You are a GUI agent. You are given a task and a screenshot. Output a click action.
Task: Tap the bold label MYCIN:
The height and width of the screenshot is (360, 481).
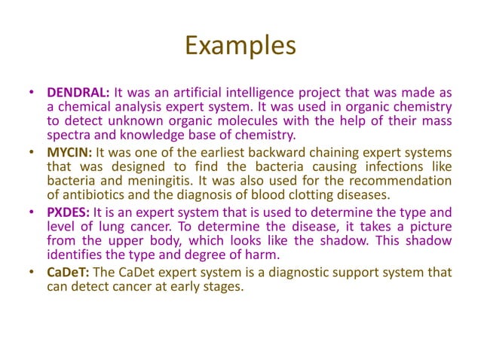coord(70,152)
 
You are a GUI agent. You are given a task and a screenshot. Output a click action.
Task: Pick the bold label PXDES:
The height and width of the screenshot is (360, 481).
coord(69,212)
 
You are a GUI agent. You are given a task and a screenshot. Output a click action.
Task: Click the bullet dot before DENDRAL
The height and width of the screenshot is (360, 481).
coord(32,93)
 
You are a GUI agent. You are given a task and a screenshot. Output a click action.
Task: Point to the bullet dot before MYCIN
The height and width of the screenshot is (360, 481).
coord(32,152)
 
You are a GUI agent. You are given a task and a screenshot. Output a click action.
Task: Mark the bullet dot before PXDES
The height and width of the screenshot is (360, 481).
coord(32,212)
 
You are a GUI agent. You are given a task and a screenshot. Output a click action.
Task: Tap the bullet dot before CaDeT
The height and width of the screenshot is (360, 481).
coord(32,272)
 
